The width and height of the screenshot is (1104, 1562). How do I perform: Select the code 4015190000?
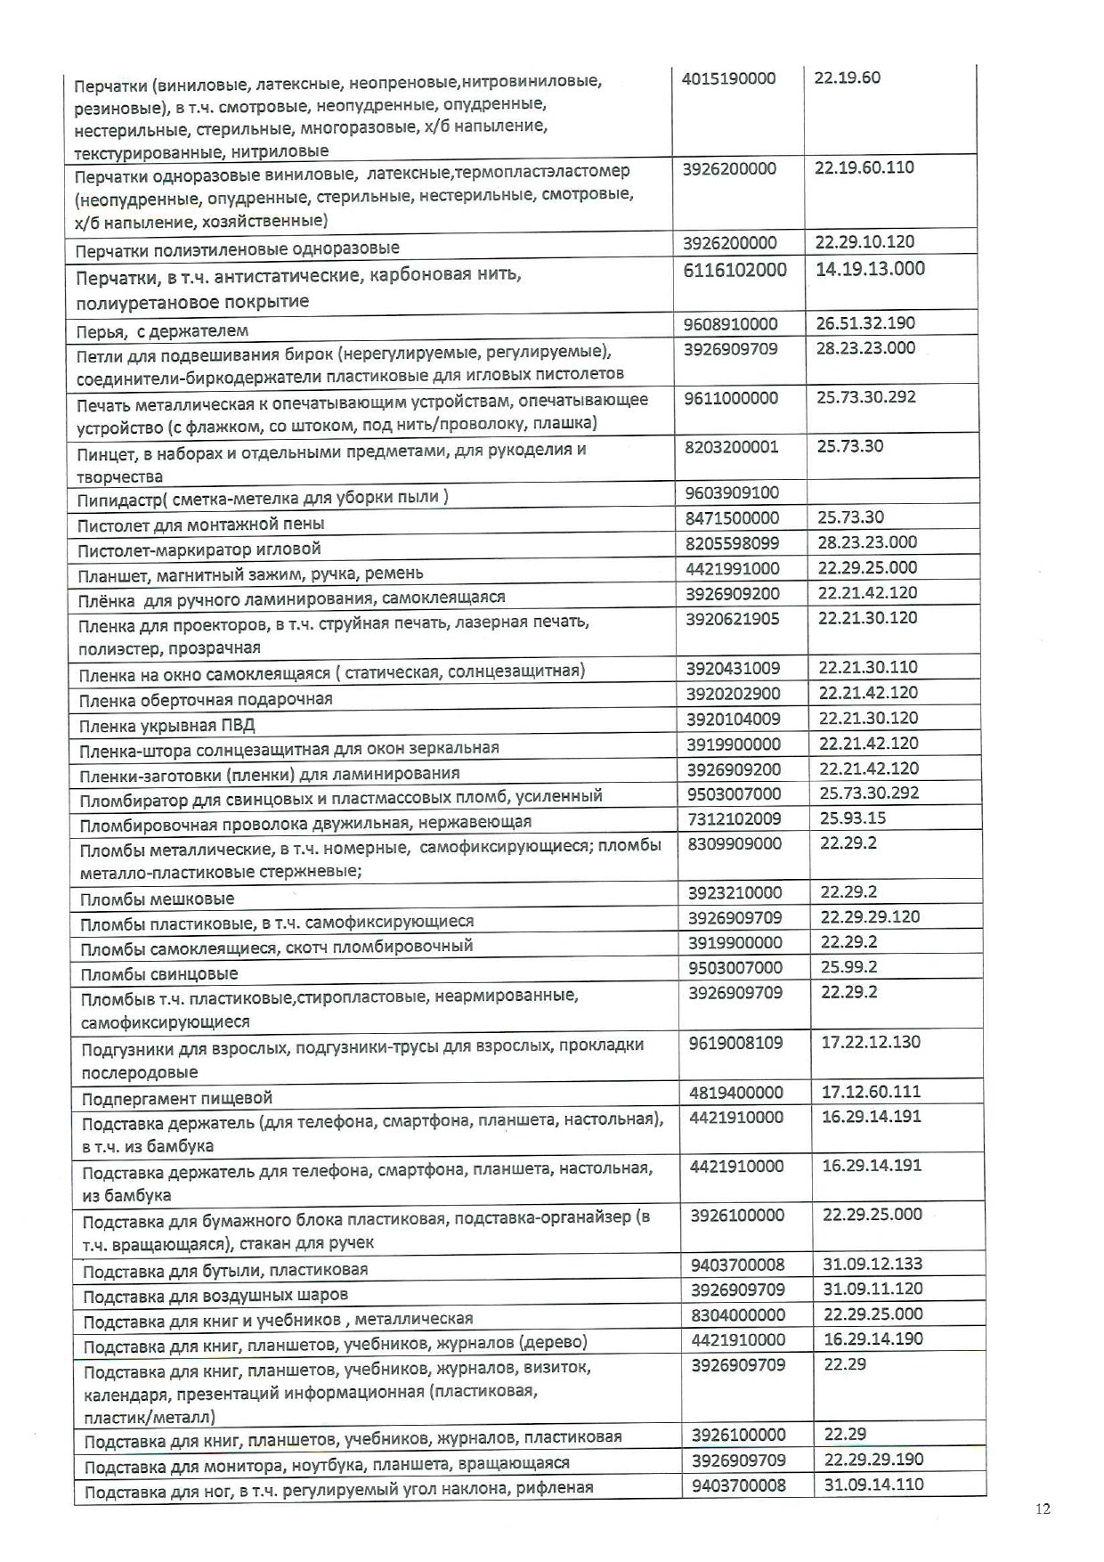728,78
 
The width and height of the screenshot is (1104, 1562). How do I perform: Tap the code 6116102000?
735,270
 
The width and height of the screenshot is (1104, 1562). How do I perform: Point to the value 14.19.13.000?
870,269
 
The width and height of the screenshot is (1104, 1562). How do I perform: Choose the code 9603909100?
732,492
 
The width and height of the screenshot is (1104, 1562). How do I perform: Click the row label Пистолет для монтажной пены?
201,524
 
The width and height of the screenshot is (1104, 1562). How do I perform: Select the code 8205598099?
732,542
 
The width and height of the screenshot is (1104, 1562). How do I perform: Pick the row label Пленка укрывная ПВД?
166,724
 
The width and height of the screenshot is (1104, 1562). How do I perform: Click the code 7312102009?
734,818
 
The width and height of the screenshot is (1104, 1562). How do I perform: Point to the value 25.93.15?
852,818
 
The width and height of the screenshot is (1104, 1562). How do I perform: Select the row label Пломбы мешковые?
158,899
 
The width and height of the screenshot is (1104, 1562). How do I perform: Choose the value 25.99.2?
848,967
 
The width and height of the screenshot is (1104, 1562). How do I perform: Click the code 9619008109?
736,1042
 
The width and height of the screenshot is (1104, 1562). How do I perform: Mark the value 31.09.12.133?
872,1264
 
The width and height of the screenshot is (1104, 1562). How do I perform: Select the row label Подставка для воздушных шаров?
215,1295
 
